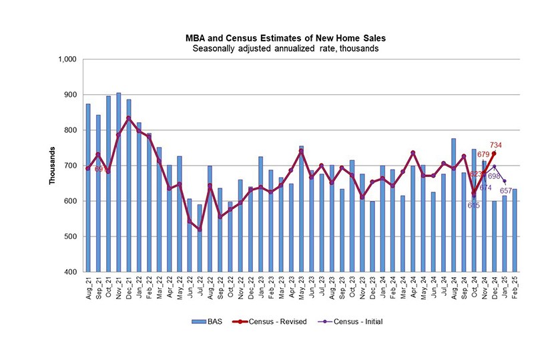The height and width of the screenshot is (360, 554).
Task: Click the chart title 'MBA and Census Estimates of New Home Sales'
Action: [x=277, y=39]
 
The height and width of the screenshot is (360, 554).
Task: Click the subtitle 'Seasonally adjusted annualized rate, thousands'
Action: [x=277, y=49]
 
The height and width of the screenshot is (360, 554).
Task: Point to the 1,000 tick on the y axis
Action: [x=69, y=59]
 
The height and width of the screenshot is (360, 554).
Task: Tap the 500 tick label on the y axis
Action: [x=72, y=236]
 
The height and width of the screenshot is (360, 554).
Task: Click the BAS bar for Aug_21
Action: [x=88, y=188]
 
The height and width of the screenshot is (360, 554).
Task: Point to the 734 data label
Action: [x=495, y=145]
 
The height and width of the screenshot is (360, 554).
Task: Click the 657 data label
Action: [x=506, y=191]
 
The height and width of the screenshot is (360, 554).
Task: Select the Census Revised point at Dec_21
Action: [x=129, y=118]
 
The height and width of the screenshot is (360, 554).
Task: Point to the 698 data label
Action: [x=494, y=176]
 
